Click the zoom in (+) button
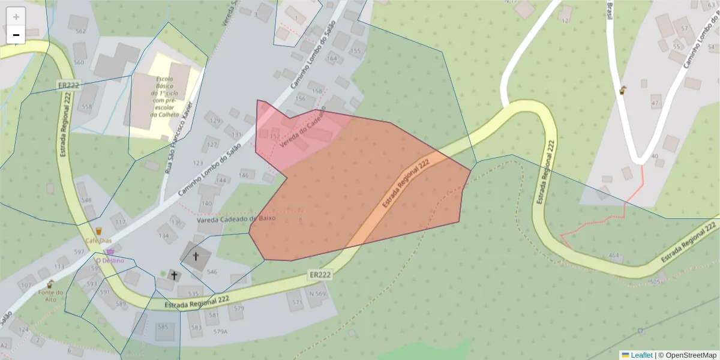click(16, 16)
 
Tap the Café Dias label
click(98, 241)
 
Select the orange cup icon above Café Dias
click(98, 230)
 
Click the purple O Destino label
click(110, 261)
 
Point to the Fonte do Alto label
click(50, 296)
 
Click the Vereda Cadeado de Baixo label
click(236, 218)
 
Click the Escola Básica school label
click(164, 97)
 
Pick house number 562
click(80, 31)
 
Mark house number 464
click(614, 256)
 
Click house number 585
click(163, 327)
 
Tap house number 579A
click(220, 331)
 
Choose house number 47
click(655, 103)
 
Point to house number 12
click(565, 21)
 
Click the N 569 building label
click(317, 293)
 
